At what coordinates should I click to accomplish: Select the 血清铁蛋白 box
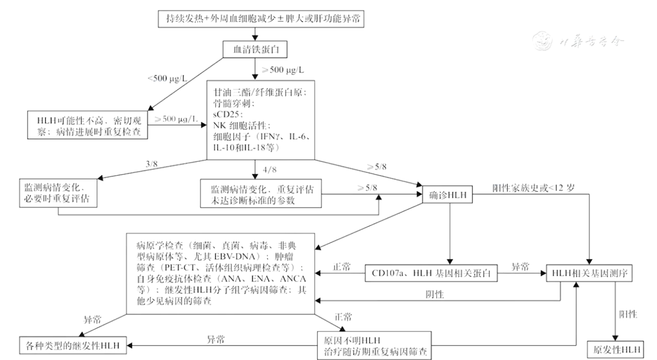(254, 50)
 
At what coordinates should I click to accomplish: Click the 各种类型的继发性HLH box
(72, 344)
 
